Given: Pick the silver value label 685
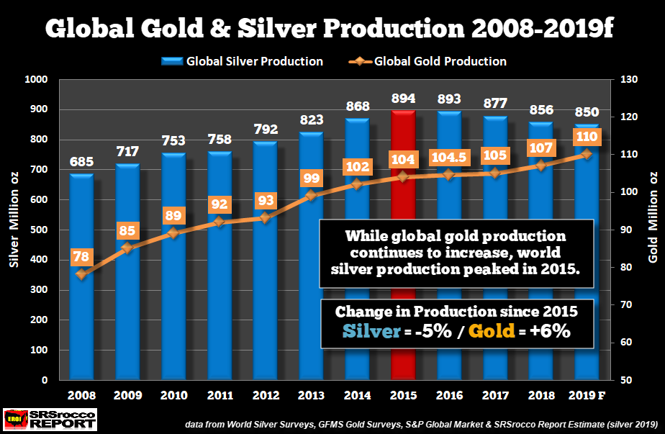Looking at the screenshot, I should point(81,161).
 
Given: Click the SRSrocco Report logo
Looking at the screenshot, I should point(49,418).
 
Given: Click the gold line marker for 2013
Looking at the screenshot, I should point(311,195).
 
